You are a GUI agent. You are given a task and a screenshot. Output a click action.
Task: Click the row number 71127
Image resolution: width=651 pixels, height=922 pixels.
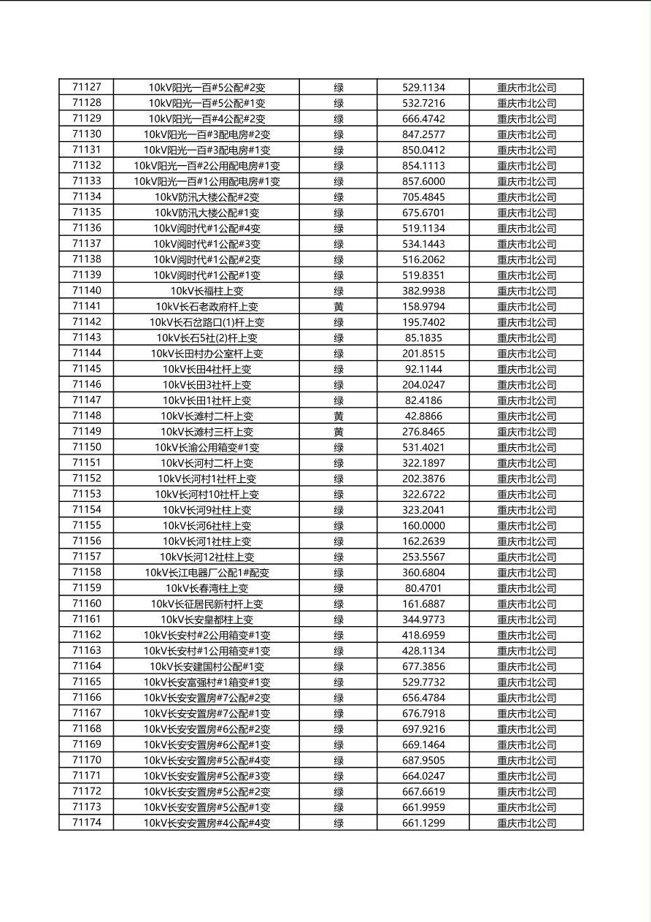click(87, 87)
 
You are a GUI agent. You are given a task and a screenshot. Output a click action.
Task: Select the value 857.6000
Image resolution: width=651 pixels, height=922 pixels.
click(423, 181)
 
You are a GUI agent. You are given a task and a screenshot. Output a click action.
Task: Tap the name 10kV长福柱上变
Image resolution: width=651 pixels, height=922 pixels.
click(207, 291)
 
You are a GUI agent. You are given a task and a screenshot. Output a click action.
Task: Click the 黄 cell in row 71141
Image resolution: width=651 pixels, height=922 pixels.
click(339, 307)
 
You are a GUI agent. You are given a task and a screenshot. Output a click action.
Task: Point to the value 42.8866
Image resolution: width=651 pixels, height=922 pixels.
click(423, 416)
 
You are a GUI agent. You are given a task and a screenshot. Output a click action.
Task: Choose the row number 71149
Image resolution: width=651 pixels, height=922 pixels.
click(87, 432)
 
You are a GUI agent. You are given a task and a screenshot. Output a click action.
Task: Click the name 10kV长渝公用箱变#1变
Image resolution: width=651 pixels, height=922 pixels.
click(207, 448)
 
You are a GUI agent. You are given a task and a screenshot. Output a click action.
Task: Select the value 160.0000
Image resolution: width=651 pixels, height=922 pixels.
click(423, 526)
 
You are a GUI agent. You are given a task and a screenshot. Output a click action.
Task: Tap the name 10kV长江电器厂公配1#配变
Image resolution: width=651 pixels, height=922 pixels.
click(207, 573)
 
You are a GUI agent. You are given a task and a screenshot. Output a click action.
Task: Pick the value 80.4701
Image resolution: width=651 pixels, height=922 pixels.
click(423, 588)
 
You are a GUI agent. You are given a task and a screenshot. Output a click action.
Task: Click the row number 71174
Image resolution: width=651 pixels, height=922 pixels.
click(87, 823)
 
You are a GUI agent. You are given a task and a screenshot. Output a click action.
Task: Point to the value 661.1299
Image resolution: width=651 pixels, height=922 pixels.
click(423, 823)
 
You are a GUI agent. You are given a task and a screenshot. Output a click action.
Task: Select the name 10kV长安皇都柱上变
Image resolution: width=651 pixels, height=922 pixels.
click(207, 620)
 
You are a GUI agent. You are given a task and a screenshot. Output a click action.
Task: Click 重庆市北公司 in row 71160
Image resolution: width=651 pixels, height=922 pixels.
click(526, 604)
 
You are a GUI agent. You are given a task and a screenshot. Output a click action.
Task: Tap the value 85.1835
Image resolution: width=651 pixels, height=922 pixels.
click(423, 338)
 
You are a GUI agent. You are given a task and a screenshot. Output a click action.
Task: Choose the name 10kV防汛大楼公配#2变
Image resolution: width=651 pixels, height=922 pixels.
click(207, 197)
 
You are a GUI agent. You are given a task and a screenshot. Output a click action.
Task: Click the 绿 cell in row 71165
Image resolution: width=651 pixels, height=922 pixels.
click(339, 682)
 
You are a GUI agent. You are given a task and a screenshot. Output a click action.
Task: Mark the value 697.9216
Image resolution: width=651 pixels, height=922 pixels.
click(423, 729)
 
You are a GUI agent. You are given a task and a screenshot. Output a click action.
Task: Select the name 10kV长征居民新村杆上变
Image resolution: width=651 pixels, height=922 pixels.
click(207, 604)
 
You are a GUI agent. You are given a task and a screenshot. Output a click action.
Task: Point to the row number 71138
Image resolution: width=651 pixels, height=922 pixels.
click(87, 259)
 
